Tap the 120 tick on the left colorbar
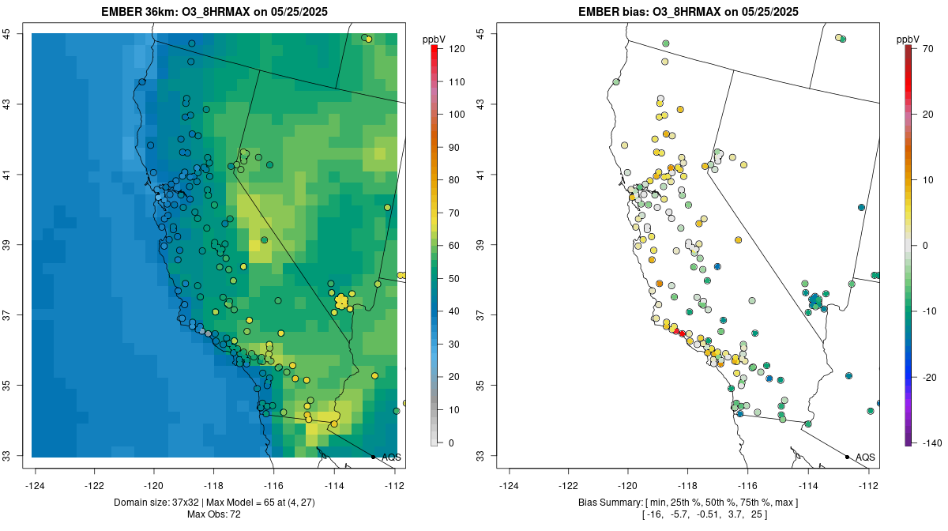(456, 49)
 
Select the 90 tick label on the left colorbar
(456, 148)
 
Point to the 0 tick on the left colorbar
(451, 442)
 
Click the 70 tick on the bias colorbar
(928, 49)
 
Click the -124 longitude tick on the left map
(36, 485)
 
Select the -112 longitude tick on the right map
(868, 485)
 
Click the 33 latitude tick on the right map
(480, 456)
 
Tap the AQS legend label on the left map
(391, 457)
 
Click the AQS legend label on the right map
(865, 457)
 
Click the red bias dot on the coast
(683, 333)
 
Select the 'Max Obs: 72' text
(213, 514)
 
